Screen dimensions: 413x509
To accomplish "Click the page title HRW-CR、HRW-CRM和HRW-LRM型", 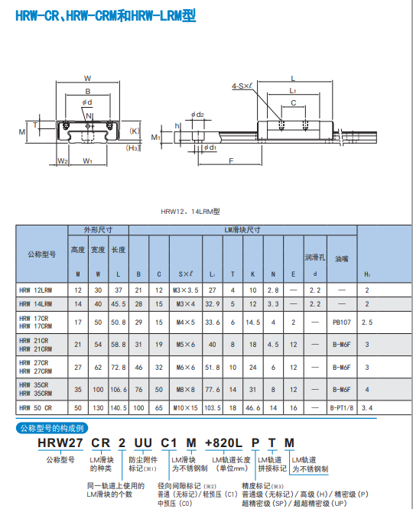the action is tap(106, 15).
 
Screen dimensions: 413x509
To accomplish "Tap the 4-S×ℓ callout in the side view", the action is tap(242, 86).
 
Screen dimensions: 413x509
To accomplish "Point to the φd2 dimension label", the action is tap(197, 115).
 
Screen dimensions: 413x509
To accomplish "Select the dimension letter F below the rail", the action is tap(231, 160).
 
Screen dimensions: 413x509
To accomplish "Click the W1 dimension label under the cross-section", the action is tap(87, 161).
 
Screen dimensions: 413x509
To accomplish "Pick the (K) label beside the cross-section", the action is tap(135, 131).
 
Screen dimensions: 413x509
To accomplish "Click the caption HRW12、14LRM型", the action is tap(190, 212).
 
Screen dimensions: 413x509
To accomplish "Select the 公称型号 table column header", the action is tap(41, 254).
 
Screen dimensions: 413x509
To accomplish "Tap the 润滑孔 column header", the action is tap(315, 258).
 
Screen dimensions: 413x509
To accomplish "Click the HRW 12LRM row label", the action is tap(35, 290).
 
